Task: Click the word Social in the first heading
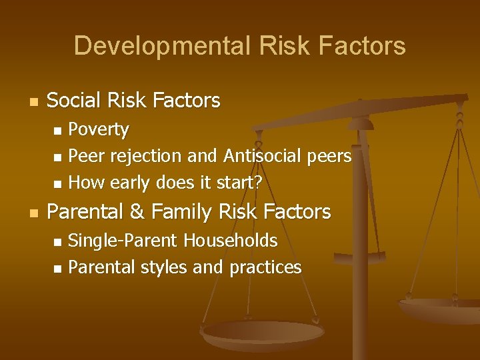coord(73,101)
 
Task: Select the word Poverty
coord(99,129)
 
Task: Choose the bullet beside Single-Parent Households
coord(57,241)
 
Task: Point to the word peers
coord(328,156)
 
